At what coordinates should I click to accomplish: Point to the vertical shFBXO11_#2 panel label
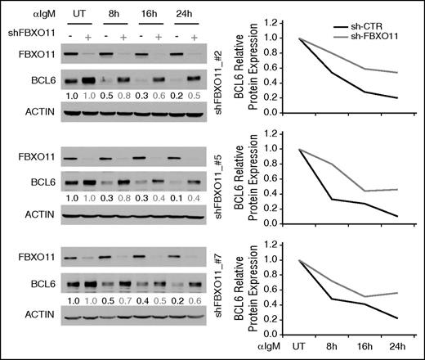point(221,79)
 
